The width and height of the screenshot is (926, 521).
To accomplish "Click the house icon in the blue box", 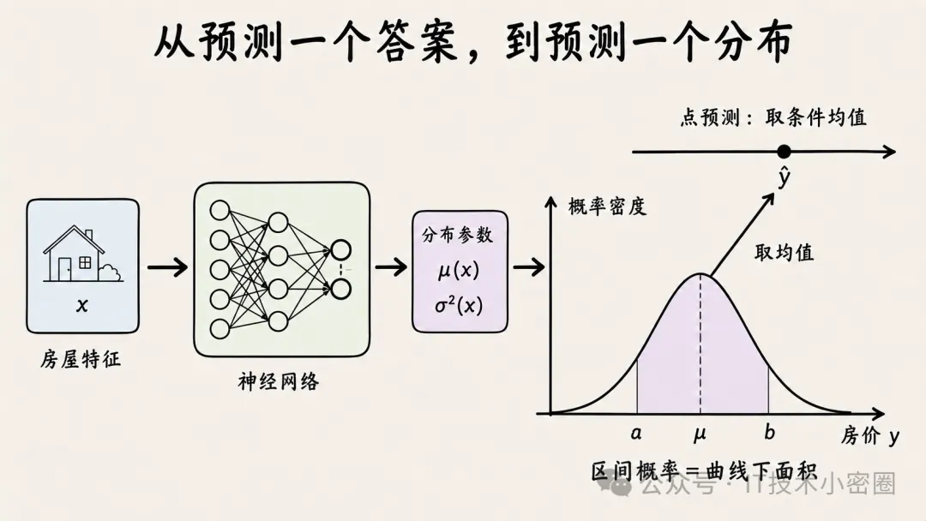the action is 82,254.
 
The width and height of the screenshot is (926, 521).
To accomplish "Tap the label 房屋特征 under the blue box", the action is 81,359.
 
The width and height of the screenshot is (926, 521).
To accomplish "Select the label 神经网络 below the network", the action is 279,381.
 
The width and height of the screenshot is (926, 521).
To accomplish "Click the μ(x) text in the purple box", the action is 459,270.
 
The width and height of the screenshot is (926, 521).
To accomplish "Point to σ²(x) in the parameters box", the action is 459,305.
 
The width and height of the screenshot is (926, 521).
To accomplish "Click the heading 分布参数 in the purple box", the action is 458,235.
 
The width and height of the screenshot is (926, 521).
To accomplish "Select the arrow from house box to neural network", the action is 167,267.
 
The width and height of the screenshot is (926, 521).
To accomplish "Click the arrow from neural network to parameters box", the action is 391,267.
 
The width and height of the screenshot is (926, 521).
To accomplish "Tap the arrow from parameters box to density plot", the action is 528,267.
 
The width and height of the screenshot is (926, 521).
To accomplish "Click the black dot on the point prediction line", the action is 784,152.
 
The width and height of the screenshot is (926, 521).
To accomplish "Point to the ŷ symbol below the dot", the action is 785,177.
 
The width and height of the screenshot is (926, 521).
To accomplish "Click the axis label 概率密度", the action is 608,207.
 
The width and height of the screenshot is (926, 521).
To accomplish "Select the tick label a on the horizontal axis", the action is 636,434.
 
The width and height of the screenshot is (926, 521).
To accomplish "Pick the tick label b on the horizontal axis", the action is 769,433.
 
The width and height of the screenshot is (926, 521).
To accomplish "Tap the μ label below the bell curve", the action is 700,434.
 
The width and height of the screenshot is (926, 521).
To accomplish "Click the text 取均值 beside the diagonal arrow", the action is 785,253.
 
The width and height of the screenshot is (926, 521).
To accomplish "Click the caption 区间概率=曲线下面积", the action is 704,471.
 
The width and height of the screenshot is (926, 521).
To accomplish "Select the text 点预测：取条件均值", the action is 773,117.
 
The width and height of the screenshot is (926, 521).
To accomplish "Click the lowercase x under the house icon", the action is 82,306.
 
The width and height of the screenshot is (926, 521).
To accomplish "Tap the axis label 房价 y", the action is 870,436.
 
